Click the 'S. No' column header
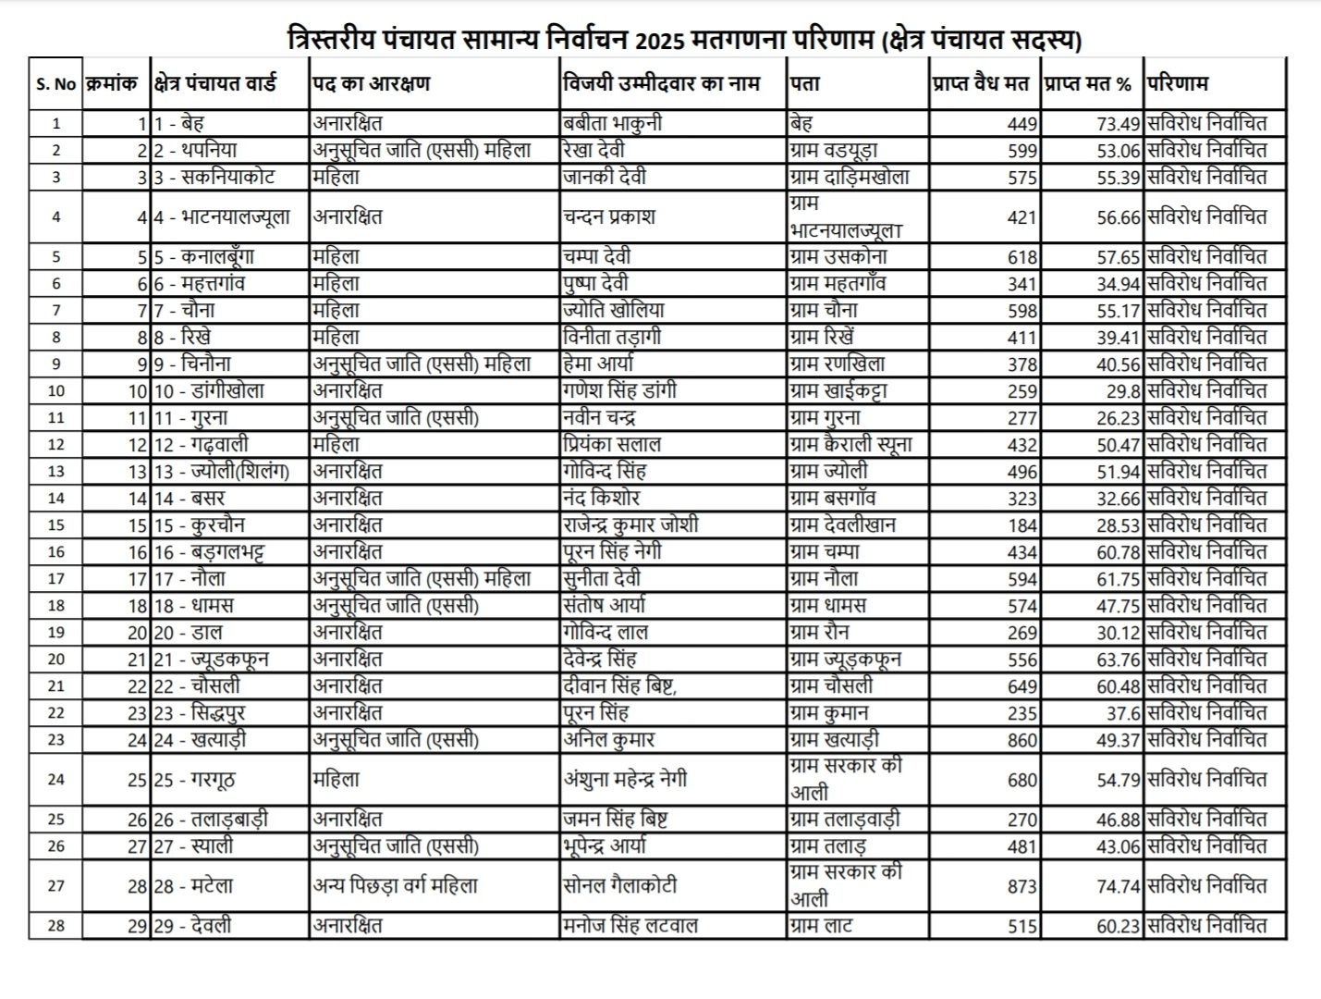55,84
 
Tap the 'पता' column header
805,83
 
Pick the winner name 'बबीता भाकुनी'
612,123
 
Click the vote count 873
1021,886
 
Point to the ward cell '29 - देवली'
193,926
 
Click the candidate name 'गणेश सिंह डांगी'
619,390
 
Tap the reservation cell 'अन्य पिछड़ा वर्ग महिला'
395,886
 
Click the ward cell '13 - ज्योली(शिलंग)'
222,472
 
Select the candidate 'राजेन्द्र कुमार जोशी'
630,525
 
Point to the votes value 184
1022,525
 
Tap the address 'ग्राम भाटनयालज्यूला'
845,217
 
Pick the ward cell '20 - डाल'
189,633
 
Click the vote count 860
1021,740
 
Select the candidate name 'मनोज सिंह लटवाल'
630,926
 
